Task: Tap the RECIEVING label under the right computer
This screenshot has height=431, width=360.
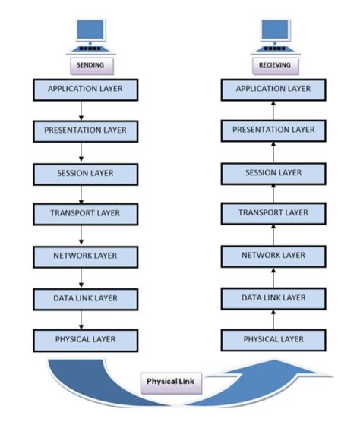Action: pyautogui.click(x=274, y=66)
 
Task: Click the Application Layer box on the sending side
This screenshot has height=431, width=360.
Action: pyautogui.click(x=85, y=90)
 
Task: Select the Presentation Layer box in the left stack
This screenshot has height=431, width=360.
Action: pyautogui.click(x=85, y=131)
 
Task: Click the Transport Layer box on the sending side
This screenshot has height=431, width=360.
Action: pyautogui.click(x=85, y=214)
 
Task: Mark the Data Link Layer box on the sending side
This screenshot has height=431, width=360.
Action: pyautogui.click(x=85, y=297)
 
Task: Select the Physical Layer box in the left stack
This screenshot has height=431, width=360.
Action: pyautogui.click(x=85, y=338)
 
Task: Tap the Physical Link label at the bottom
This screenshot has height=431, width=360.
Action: pyautogui.click(x=172, y=383)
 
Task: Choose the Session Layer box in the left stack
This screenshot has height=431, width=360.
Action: pyautogui.click(x=85, y=173)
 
